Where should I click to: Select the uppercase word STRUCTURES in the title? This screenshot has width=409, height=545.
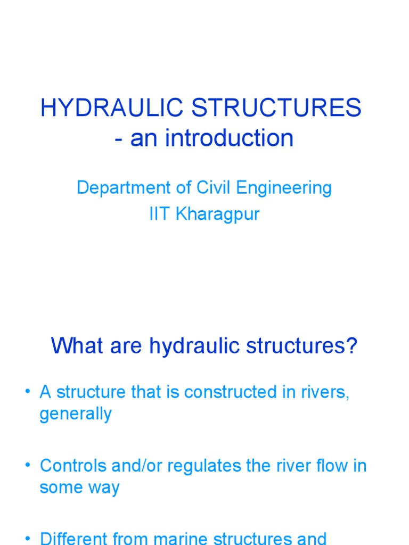pyautogui.click(x=277, y=109)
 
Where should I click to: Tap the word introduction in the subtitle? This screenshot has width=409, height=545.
pyautogui.click(x=228, y=138)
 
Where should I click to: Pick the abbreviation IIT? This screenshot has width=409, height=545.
pyautogui.click(x=158, y=215)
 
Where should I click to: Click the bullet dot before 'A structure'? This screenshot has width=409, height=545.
pyautogui.click(x=27, y=392)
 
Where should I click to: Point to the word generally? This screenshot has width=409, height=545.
pyautogui.click(x=76, y=414)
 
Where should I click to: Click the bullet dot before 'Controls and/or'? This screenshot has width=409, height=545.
pyautogui.click(x=27, y=466)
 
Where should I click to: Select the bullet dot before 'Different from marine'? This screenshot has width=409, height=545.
pyautogui.click(x=27, y=538)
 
